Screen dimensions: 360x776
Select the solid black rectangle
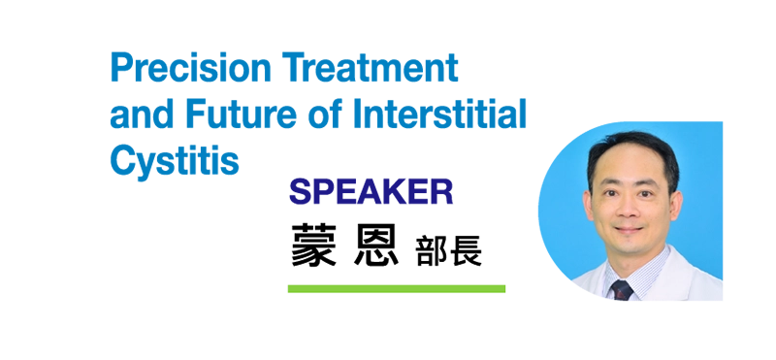pyautogui.click(x=412, y=244)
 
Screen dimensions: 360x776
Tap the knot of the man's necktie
pyautogui.click(x=622, y=288)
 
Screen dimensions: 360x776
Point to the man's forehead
pyautogui.click(x=631, y=169)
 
